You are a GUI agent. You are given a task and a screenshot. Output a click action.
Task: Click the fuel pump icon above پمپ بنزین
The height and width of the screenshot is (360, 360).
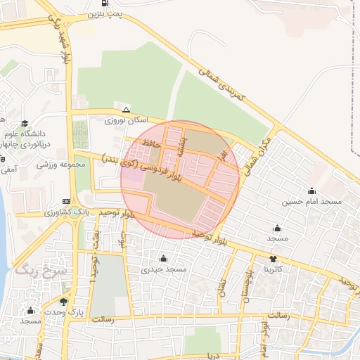105,3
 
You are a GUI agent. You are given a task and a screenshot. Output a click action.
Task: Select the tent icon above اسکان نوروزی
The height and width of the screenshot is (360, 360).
126,110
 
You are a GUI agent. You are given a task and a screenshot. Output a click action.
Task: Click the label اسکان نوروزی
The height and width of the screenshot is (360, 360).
124,120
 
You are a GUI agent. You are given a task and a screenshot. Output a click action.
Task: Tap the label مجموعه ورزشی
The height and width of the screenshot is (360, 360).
60,164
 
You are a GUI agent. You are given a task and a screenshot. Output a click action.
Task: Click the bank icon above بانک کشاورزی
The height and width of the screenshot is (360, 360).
66,201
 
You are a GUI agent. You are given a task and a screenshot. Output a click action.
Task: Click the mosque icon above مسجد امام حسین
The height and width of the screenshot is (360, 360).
311,191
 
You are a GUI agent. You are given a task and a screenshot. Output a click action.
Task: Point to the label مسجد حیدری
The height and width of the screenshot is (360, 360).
163,269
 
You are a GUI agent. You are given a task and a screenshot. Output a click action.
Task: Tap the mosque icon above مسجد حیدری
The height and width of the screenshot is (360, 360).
163,259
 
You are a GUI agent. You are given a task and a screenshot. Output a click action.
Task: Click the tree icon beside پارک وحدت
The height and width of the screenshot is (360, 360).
65,302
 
